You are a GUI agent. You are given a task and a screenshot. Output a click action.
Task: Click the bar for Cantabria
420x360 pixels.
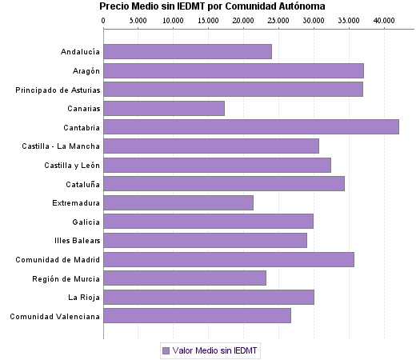coord(250,126)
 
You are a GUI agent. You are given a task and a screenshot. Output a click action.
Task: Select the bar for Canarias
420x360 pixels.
coord(164,108)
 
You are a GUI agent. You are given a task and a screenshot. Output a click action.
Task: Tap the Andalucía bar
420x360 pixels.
coord(187,51)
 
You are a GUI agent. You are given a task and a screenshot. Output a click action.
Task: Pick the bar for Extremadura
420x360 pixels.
coord(178,202)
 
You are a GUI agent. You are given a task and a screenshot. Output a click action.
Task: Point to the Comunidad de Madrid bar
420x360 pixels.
coord(229,259)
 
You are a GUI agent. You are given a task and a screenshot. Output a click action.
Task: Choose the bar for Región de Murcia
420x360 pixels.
coord(185,278)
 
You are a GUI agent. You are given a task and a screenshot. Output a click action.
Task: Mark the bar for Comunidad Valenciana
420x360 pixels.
coord(197,316)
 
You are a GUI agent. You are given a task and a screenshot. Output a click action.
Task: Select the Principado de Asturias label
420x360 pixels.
coord(58,90)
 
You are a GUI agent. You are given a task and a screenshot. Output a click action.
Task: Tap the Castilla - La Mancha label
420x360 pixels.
coord(62,146)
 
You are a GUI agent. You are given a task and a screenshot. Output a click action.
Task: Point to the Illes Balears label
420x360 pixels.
coord(78,240)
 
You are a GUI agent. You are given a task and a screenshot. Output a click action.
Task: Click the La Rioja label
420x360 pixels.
coord(84,297)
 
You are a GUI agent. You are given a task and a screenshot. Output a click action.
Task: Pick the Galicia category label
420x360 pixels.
coord(86,222)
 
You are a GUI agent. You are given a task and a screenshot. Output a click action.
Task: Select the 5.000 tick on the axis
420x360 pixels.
coord(138,18)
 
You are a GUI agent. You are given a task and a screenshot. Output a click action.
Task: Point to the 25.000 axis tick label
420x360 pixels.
coord(278,18)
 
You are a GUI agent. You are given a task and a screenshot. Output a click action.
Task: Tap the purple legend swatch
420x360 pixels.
coord(166,350)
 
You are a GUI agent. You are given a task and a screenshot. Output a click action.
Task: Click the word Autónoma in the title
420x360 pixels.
coord(302,6)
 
